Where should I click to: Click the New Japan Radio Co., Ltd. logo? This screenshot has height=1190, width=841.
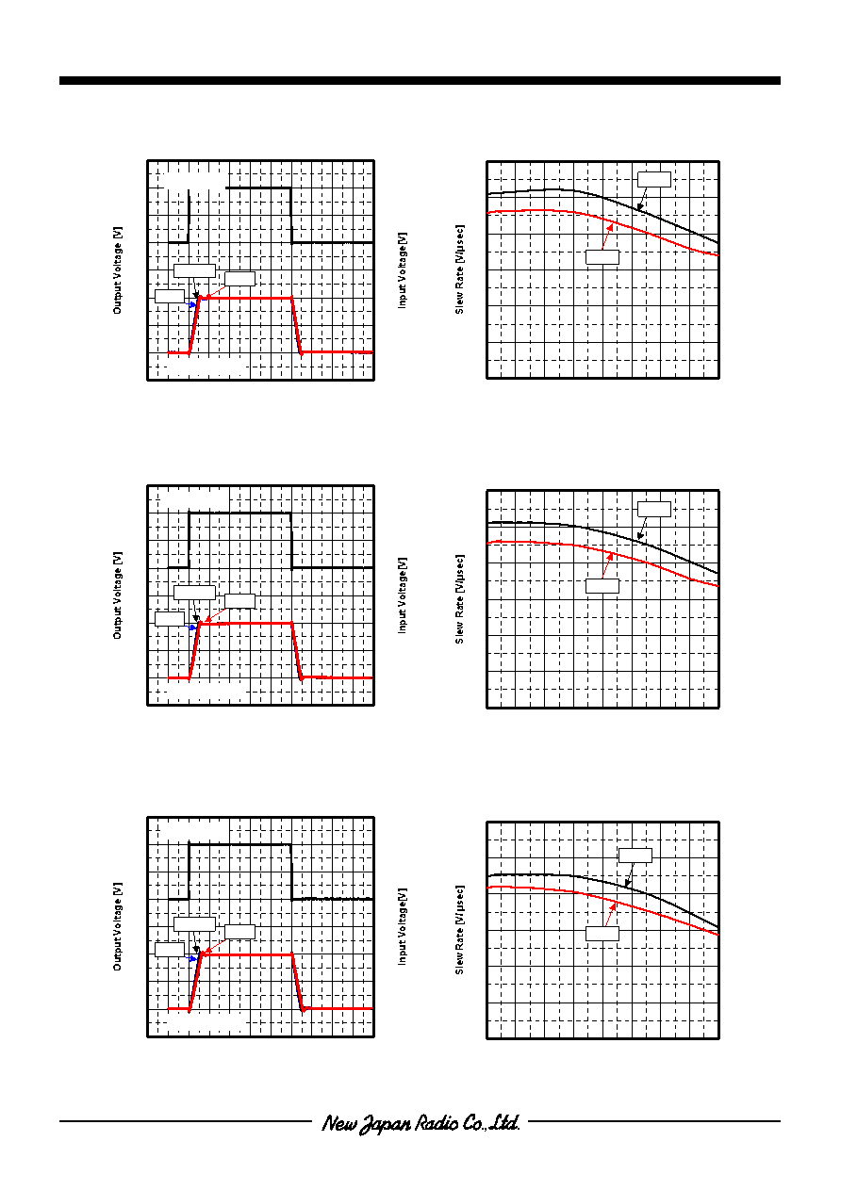point(420,1123)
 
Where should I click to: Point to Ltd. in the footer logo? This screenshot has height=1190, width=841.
point(504,1122)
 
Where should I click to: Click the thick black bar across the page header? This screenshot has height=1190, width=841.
point(420,80)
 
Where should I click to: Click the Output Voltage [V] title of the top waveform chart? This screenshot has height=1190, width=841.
point(118,270)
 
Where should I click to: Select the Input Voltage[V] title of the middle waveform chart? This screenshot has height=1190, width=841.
point(403,595)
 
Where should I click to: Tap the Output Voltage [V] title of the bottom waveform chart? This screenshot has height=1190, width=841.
point(118,926)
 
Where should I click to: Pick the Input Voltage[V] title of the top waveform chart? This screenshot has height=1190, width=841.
point(403,269)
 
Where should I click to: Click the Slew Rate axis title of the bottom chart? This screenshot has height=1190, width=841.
point(459,930)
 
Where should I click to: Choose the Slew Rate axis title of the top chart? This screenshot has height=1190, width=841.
point(459,269)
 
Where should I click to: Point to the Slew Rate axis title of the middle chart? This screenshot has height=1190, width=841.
point(459,599)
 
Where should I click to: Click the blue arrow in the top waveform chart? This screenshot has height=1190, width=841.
point(190,304)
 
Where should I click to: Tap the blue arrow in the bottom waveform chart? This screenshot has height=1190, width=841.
point(190,958)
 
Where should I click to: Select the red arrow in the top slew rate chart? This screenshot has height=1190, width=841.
point(607,236)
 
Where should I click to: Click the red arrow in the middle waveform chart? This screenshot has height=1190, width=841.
point(216,614)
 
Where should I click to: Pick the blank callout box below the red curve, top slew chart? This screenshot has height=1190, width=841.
point(602,257)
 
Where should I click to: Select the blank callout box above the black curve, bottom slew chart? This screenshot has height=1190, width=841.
point(635,856)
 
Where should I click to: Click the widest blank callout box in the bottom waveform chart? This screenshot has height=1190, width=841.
point(194,924)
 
